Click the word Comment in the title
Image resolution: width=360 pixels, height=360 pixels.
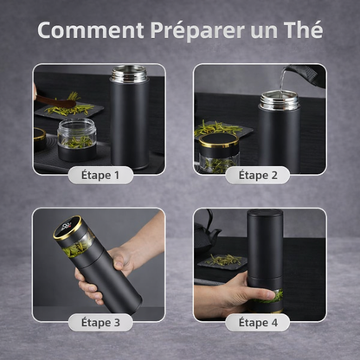click(x=91, y=30)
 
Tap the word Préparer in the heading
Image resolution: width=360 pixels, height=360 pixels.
click(x=197, y=30)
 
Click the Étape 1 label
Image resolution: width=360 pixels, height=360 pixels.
click(x=100, y=175)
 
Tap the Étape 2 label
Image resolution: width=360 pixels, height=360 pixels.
click(x=258, y=175)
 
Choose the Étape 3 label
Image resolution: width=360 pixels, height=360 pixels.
click(x=100, y=322)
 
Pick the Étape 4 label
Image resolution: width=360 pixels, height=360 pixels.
click(x=258, y=322)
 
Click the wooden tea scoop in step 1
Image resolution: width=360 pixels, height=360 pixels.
click(x=55, y=101)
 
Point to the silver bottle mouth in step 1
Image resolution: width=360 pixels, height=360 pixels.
click(x=129, y=74)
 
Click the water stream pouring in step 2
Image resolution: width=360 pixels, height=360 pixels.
click(x=281, y=79)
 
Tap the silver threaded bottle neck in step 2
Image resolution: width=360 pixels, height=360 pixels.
click(x=280, y=100)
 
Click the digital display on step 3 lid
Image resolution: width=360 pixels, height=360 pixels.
click(x=67, y=227)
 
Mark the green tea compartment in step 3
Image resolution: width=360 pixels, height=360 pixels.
click(x=78, y=245)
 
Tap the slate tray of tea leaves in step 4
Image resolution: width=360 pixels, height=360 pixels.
click(x=222, y=261)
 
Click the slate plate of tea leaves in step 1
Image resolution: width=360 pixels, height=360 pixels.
click(x=69, y=109)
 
